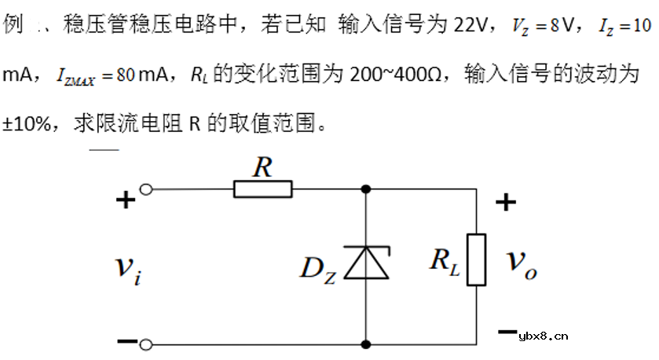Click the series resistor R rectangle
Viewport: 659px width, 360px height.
point(263,189)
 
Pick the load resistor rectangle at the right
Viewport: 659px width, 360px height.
point(477,259)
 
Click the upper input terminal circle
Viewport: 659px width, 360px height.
point(145,189)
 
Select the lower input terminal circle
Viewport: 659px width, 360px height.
point(145,343)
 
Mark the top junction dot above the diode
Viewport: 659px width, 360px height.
point(367,189)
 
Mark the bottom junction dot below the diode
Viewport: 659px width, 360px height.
point(367,343)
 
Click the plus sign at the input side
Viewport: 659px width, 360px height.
point(125,201)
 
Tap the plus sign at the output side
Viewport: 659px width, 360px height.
point(506,203)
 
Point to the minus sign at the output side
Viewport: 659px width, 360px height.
point(507,331)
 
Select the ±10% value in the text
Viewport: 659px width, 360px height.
point(27,124)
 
